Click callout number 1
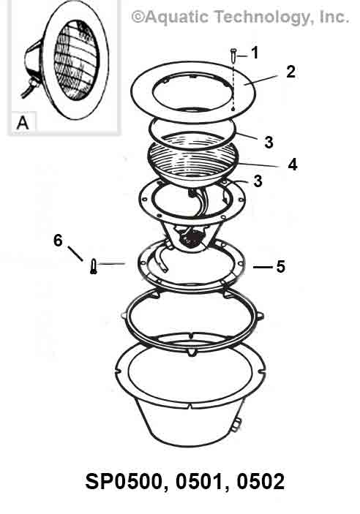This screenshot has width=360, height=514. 255,53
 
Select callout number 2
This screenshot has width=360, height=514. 290,72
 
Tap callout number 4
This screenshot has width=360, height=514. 293,165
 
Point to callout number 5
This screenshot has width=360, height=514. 280,267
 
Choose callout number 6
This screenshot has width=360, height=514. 58,241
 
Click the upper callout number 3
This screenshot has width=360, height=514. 269,143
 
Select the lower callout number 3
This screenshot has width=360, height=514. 258,181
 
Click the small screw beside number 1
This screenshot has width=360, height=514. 233,54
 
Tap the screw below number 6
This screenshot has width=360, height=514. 94,267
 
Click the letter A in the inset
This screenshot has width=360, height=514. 23,124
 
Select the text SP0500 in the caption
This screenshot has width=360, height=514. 124,482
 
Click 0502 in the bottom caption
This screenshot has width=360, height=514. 260,482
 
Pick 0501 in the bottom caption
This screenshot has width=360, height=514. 199,482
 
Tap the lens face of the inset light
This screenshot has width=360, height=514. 76,60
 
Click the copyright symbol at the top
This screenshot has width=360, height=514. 138,17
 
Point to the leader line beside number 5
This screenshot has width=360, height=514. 263,267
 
